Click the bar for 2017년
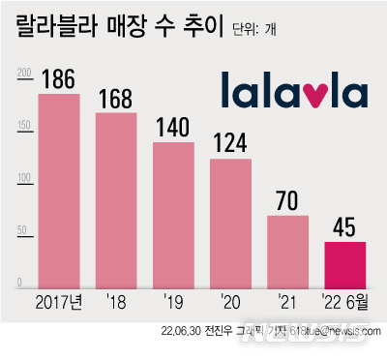click(x=58, y=190)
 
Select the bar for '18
click(x=116, y=199)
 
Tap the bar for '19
click(x=173, y=214)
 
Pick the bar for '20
click(x=230, y=223)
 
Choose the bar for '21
click(x=287, y=251)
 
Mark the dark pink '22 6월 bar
click(x=344, y=264)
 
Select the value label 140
click(x=173, y=128)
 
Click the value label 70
click(x=287, y=201)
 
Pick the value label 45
click(x=344, y=227)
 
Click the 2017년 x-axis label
click(x=58, y=301)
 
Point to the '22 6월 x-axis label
click(x=344, y=301)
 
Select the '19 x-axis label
click(x=173, y=301)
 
